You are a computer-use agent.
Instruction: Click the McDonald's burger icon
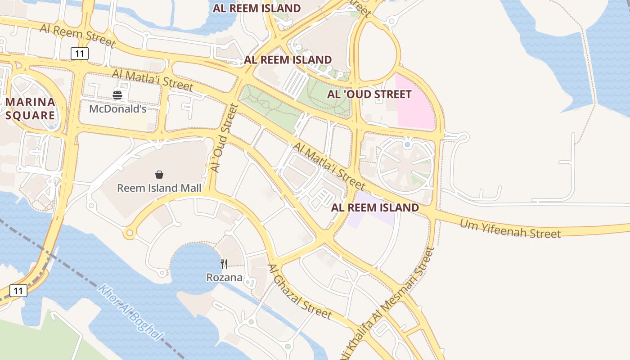(117, 95)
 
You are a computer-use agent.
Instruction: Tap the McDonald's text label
(117, 109)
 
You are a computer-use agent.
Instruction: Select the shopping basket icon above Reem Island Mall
(159, 175)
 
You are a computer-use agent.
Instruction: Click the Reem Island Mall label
(159, 188)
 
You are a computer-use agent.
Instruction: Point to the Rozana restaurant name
(224, 277)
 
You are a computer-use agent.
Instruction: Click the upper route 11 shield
(80, 54)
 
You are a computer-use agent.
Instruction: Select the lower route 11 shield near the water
(18, 291)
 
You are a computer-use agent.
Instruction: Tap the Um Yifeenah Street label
(510, 228)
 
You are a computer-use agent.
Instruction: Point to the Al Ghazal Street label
(299, 291)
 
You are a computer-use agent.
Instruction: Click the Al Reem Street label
(77, 35)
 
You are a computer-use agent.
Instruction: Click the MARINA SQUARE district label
(31, 108)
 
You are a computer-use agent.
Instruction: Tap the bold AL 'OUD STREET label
(369, 94)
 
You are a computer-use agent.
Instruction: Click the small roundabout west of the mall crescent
(130, 233)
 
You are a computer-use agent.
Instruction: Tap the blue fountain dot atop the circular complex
(407, 144)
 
